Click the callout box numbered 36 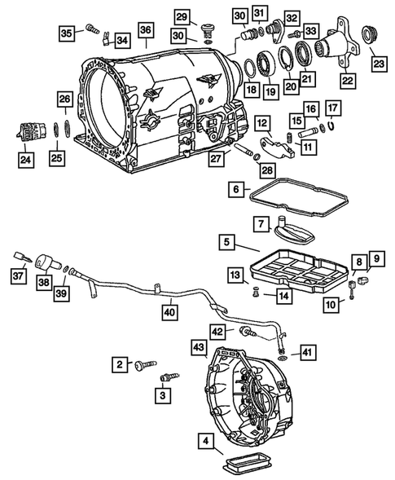145,31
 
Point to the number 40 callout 168,311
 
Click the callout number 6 235,189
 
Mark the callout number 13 233,274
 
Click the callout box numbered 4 208,443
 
